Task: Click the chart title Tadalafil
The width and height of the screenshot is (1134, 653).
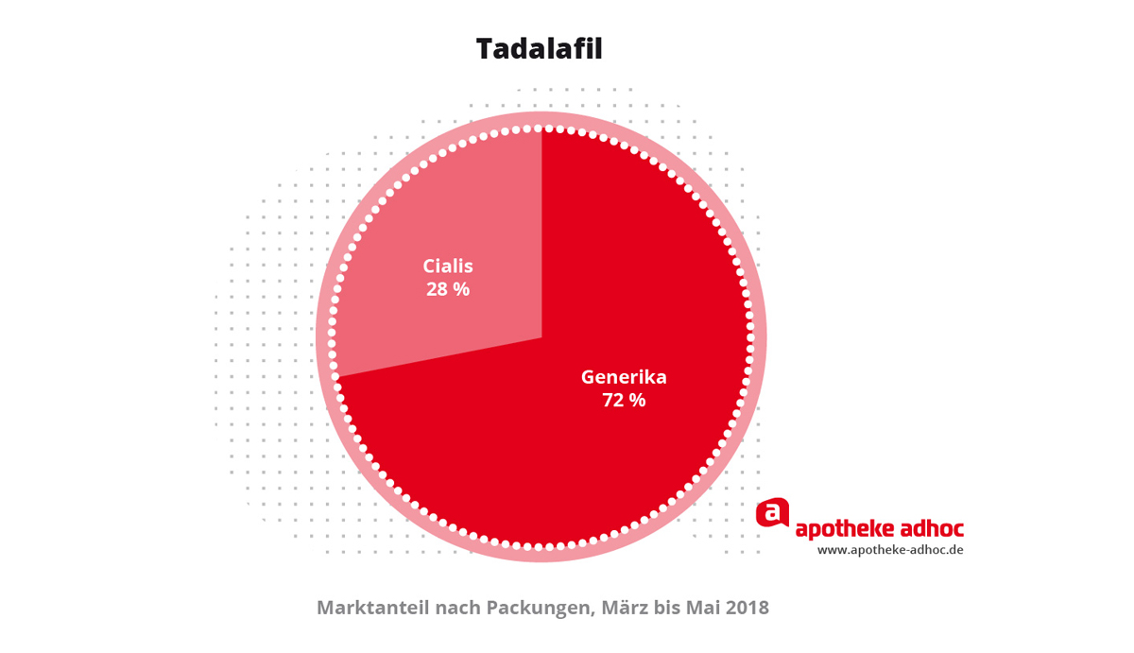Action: coord(539,48)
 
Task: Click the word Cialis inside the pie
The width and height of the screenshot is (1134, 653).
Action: coord(448,266)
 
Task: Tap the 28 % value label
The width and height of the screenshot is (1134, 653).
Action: coord(448,289)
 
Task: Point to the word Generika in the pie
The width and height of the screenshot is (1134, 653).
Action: coord(624,377)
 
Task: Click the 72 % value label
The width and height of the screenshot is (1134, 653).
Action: coord(624,401)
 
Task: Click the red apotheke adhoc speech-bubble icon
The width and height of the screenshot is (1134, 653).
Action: coord(772,512)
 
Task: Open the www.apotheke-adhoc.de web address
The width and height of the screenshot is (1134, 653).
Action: coord(890,550)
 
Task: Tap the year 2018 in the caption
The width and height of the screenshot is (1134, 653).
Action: coord(748,608)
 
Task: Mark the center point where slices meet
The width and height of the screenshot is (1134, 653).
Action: coord(541,337)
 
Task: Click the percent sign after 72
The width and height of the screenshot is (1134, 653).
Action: coord(638,401)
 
